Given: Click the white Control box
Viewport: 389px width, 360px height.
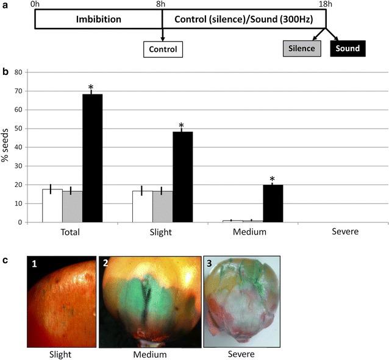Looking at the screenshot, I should point(163,48).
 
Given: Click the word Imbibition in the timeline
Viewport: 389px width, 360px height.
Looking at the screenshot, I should point(98,19).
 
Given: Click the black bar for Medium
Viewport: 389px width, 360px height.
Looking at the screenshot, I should point(273,203).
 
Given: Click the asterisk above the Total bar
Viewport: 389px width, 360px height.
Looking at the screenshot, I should point(92,86).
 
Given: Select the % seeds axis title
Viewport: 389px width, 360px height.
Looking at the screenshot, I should point(5,147).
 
